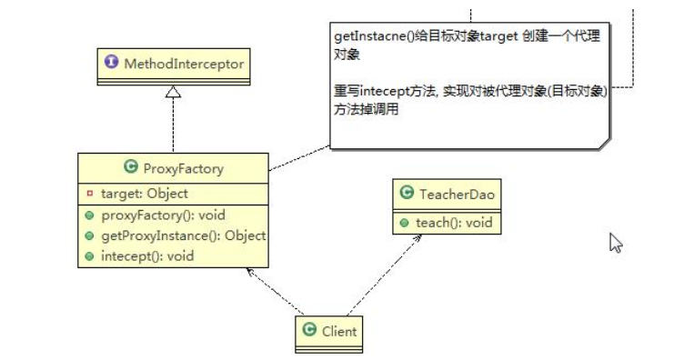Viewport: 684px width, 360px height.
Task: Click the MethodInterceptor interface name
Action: point(178,64)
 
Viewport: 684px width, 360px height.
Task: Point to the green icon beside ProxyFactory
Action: point(129,167)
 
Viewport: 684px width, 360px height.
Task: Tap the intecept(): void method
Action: point(146,255)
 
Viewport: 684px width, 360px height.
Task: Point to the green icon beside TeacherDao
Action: point(407,193)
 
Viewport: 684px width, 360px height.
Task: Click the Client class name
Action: point(339,332)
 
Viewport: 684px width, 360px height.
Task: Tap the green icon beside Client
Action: point(309,332)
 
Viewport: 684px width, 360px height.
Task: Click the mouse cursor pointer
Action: point(615,243)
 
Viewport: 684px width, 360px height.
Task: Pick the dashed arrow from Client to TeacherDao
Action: point(383,276)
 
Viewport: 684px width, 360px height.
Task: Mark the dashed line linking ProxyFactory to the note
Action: point(299,156)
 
